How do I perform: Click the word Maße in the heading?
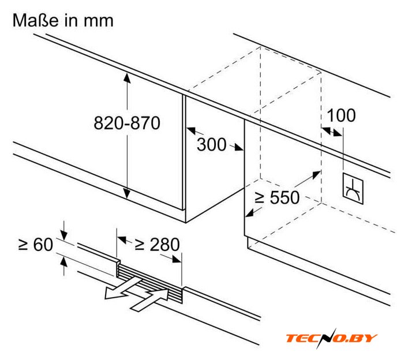[35, 21]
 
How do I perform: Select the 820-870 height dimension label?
[127, 123]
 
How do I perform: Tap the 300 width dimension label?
[211, 145]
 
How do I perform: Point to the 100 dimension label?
[341, 115]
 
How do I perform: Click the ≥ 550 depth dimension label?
[277, 198]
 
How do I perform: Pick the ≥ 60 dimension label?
[36, 245]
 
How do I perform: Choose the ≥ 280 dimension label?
[157, 245]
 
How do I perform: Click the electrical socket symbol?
[353, 189]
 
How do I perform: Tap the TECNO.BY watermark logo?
[332, 338]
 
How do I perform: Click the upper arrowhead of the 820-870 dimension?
[127, 78]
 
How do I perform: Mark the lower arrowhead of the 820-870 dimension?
[127, 194]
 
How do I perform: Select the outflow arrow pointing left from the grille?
[122, 288]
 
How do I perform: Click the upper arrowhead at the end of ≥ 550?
[316, 175]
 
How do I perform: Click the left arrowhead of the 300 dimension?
[191, 130]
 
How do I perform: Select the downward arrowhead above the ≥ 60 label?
[63, 235]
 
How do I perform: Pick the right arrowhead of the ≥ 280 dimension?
[177, 260]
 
